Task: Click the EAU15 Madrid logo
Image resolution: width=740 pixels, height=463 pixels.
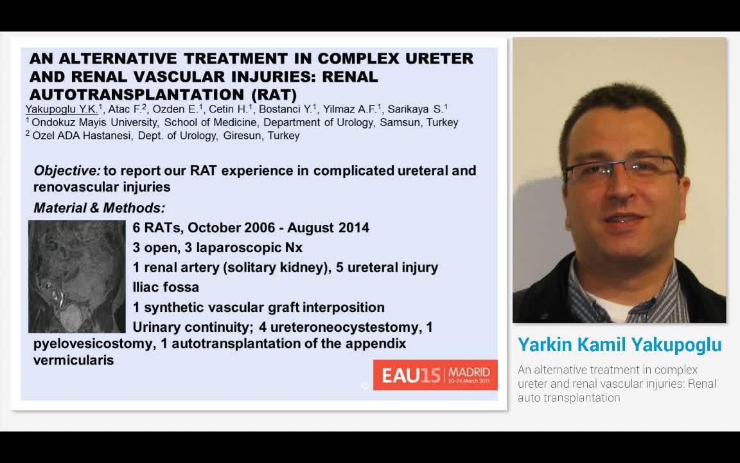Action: (435, 375)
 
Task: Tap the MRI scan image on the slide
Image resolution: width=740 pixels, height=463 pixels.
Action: (77, 276)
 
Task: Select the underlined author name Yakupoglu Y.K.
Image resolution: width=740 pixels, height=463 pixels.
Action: (61, 109)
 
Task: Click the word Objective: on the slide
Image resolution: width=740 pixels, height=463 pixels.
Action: (67, 170)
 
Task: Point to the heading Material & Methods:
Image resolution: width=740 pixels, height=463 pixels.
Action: (99, 208)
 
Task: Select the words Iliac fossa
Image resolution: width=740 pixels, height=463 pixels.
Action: (166, 287)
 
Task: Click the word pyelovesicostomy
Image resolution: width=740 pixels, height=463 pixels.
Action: (94, 343)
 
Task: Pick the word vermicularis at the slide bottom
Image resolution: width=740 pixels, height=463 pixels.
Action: (73, 360)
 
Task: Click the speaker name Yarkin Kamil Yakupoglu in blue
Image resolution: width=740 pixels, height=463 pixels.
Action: (619, 345)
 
